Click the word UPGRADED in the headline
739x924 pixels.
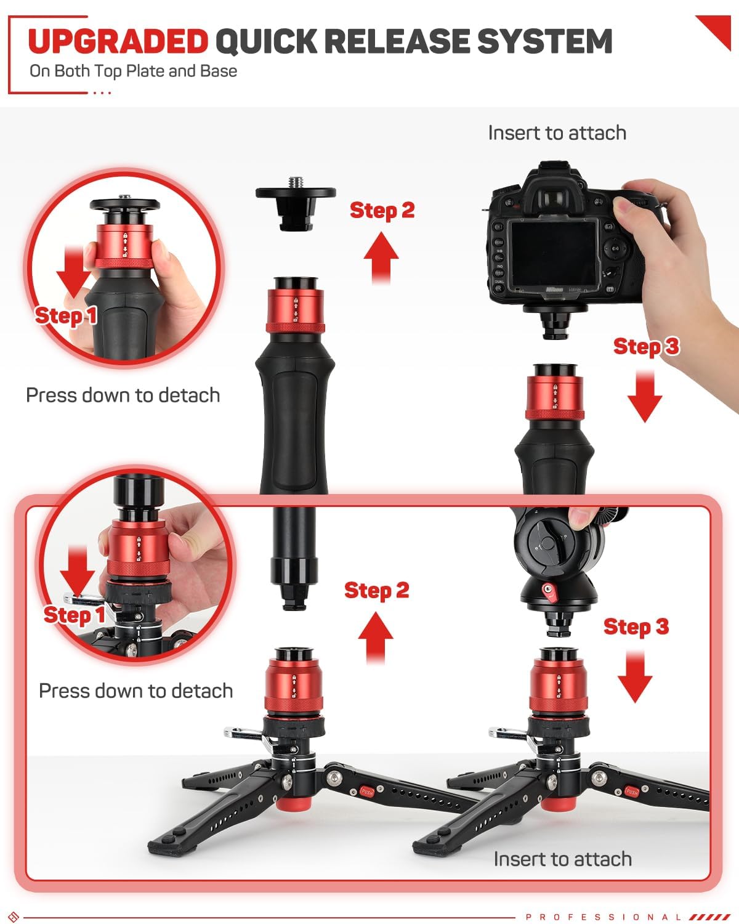coord(118,41)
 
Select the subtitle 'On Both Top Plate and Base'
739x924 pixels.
coord(133,71)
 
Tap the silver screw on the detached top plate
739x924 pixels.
coord(295,182)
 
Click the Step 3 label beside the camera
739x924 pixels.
coord(646,346)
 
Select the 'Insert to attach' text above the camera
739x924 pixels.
coord(557,132)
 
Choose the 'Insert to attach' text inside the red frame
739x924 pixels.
coord(562,859)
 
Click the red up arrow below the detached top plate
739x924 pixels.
coord(381,257)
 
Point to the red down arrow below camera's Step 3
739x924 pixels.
coord(645,396)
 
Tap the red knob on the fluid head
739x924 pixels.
coord(548,591)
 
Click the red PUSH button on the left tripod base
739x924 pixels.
coord(366,791)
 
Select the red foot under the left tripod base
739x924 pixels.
coord(293,804)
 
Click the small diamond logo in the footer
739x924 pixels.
coord(14,916)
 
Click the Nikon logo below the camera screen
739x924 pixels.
coord(554,290)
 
